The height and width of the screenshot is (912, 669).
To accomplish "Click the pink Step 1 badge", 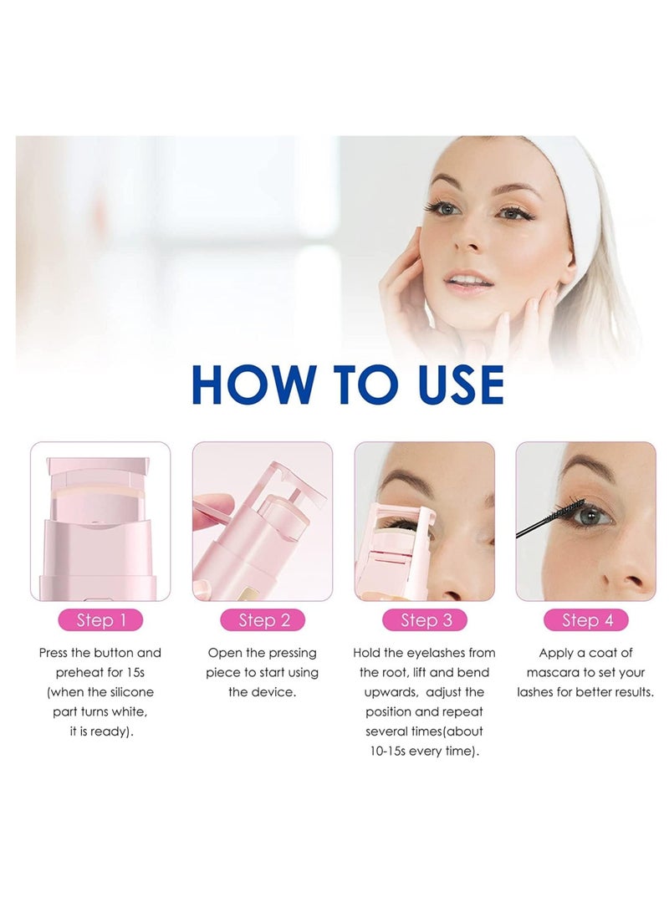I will (99, 620).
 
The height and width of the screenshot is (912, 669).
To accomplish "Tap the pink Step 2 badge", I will (263, 620).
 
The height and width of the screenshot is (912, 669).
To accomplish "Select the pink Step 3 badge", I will (425, 620).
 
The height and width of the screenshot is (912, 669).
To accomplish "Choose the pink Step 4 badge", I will (585, 620).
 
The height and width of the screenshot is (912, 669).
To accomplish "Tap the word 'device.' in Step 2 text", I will (273, 693).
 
